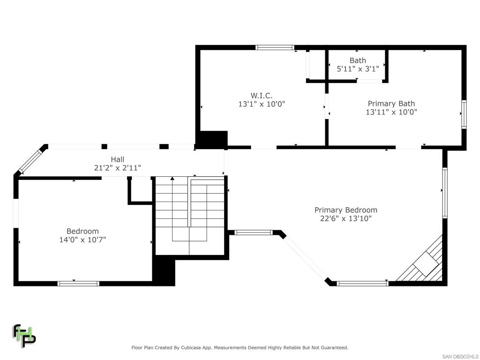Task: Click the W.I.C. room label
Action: pos(261,95)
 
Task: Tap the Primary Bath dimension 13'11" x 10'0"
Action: pos(391,112)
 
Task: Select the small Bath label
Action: pos(358,60)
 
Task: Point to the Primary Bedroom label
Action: pos(345,210)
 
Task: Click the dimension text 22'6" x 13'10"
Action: pos(345,218)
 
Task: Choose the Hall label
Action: pos(118,159)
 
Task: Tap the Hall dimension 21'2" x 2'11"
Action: pos(118,167)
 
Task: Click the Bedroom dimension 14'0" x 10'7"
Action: pos(82,240)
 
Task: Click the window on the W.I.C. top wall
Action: pos(275,47)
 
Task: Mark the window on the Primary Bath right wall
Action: pos(464,114)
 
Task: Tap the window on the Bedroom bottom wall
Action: pos(78,283)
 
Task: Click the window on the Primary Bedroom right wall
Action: pos(444,193)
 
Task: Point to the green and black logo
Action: pos(24,336)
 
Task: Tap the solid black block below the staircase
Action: pos(164,272)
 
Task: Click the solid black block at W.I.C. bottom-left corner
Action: pos(211,139)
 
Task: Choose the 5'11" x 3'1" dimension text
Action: pos(358,68)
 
